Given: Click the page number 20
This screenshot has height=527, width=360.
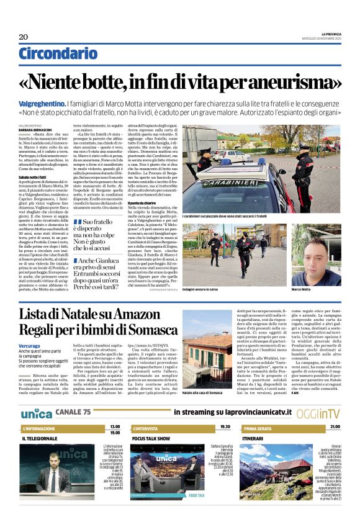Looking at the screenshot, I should click(x=24, y=37).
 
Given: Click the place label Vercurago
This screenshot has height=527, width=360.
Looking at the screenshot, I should click(x=29, y=345).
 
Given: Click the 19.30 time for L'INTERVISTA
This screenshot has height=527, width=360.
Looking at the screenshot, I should click(x=224, y=427).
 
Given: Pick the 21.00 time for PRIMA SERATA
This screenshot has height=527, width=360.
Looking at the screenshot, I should click(x=335, y=427).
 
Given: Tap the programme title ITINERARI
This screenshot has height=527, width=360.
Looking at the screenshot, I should click(x=254, y=438).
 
